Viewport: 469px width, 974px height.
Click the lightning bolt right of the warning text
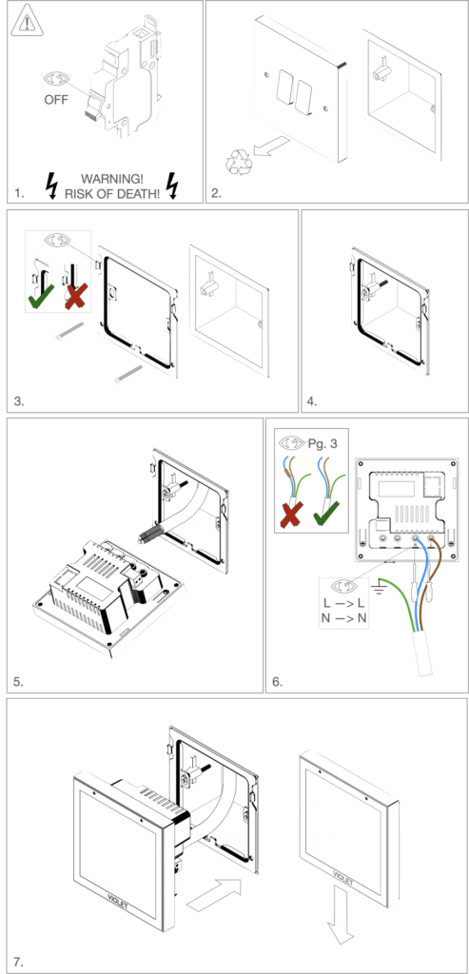[172, 184]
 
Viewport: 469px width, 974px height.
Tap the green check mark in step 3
[39, 296]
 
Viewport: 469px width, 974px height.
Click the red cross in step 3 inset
[72, 296]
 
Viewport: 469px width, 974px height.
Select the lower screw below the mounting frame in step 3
[128, 373]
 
